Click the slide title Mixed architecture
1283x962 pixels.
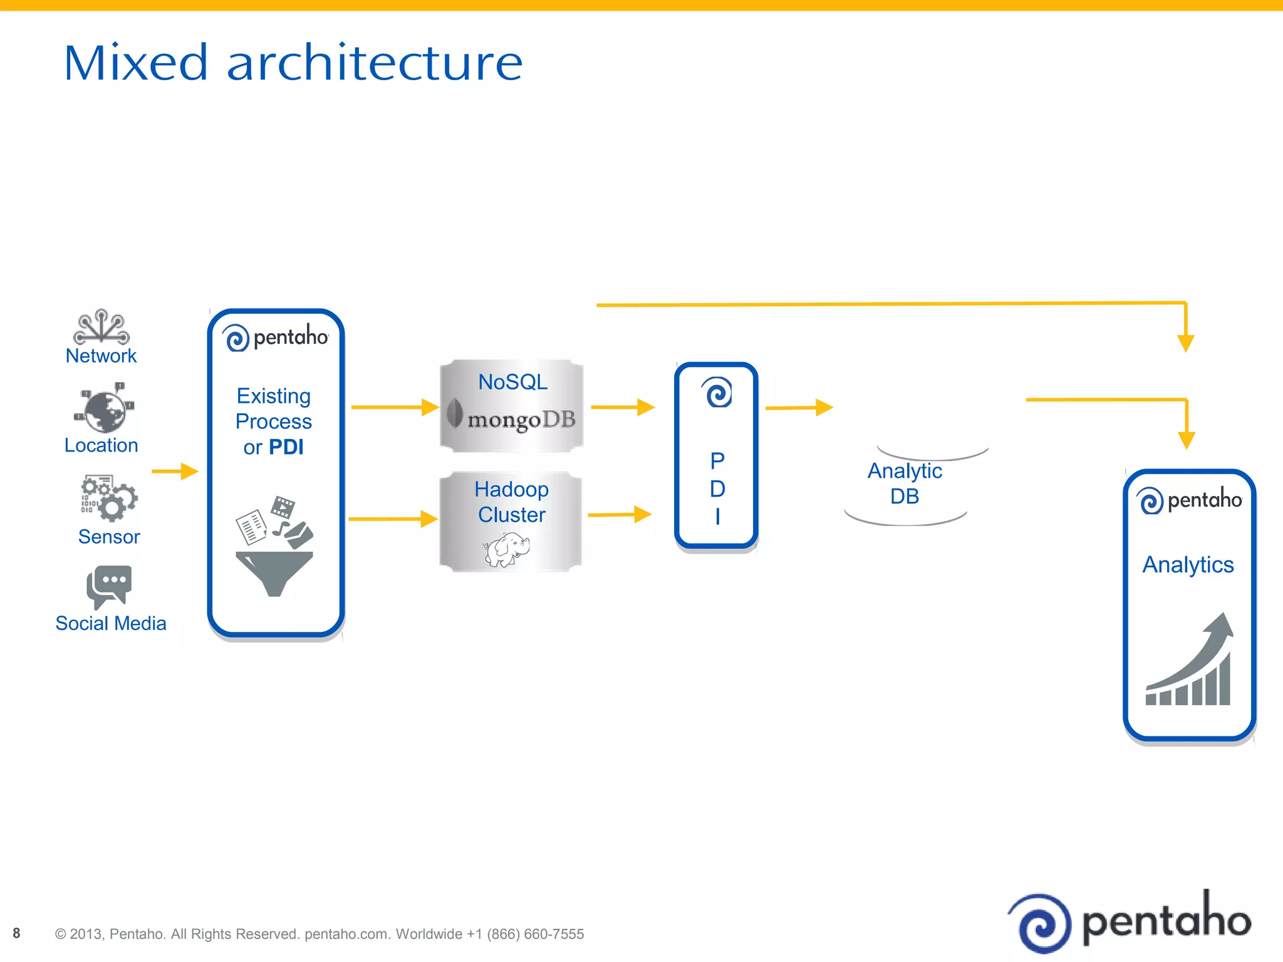pyautogui.click(x=293, y=63)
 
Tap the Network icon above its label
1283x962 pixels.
pyautogui.click(x=101, y=327)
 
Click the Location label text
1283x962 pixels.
pyautogui.click(x=101, y=445)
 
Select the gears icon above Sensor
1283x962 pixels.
pyautogui.click(x=108, y=498)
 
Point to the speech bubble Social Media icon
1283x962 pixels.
pyautogui.click(x=109, y=586)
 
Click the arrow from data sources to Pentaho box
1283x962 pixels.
pyautogui.click(x=175, y=471)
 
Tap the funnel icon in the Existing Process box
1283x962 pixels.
pyautogui.click(x=274, y=572)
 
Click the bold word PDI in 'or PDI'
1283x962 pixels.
pyautogui.click(x=286, y=447)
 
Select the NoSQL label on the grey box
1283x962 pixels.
pyautogui.click(x=512, y=381)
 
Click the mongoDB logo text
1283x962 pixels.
pyautogui.click(x=521, y=419)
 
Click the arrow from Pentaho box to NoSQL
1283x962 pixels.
pyautogui.click(x=395, y=407)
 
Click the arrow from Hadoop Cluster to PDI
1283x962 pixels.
pyautogui.click(x=620, y=515)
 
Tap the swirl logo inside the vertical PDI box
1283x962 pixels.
pyautogui.click(x=717, y=393)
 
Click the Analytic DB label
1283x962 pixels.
pyautogui.click(x=905, y=483)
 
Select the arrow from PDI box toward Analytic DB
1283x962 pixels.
pyautogui.click(x=799, y=408)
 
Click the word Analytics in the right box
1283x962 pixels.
pyautogui.click(x=1188, y=564)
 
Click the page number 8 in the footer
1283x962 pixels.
pyautogui.click(x=16, y=933)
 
